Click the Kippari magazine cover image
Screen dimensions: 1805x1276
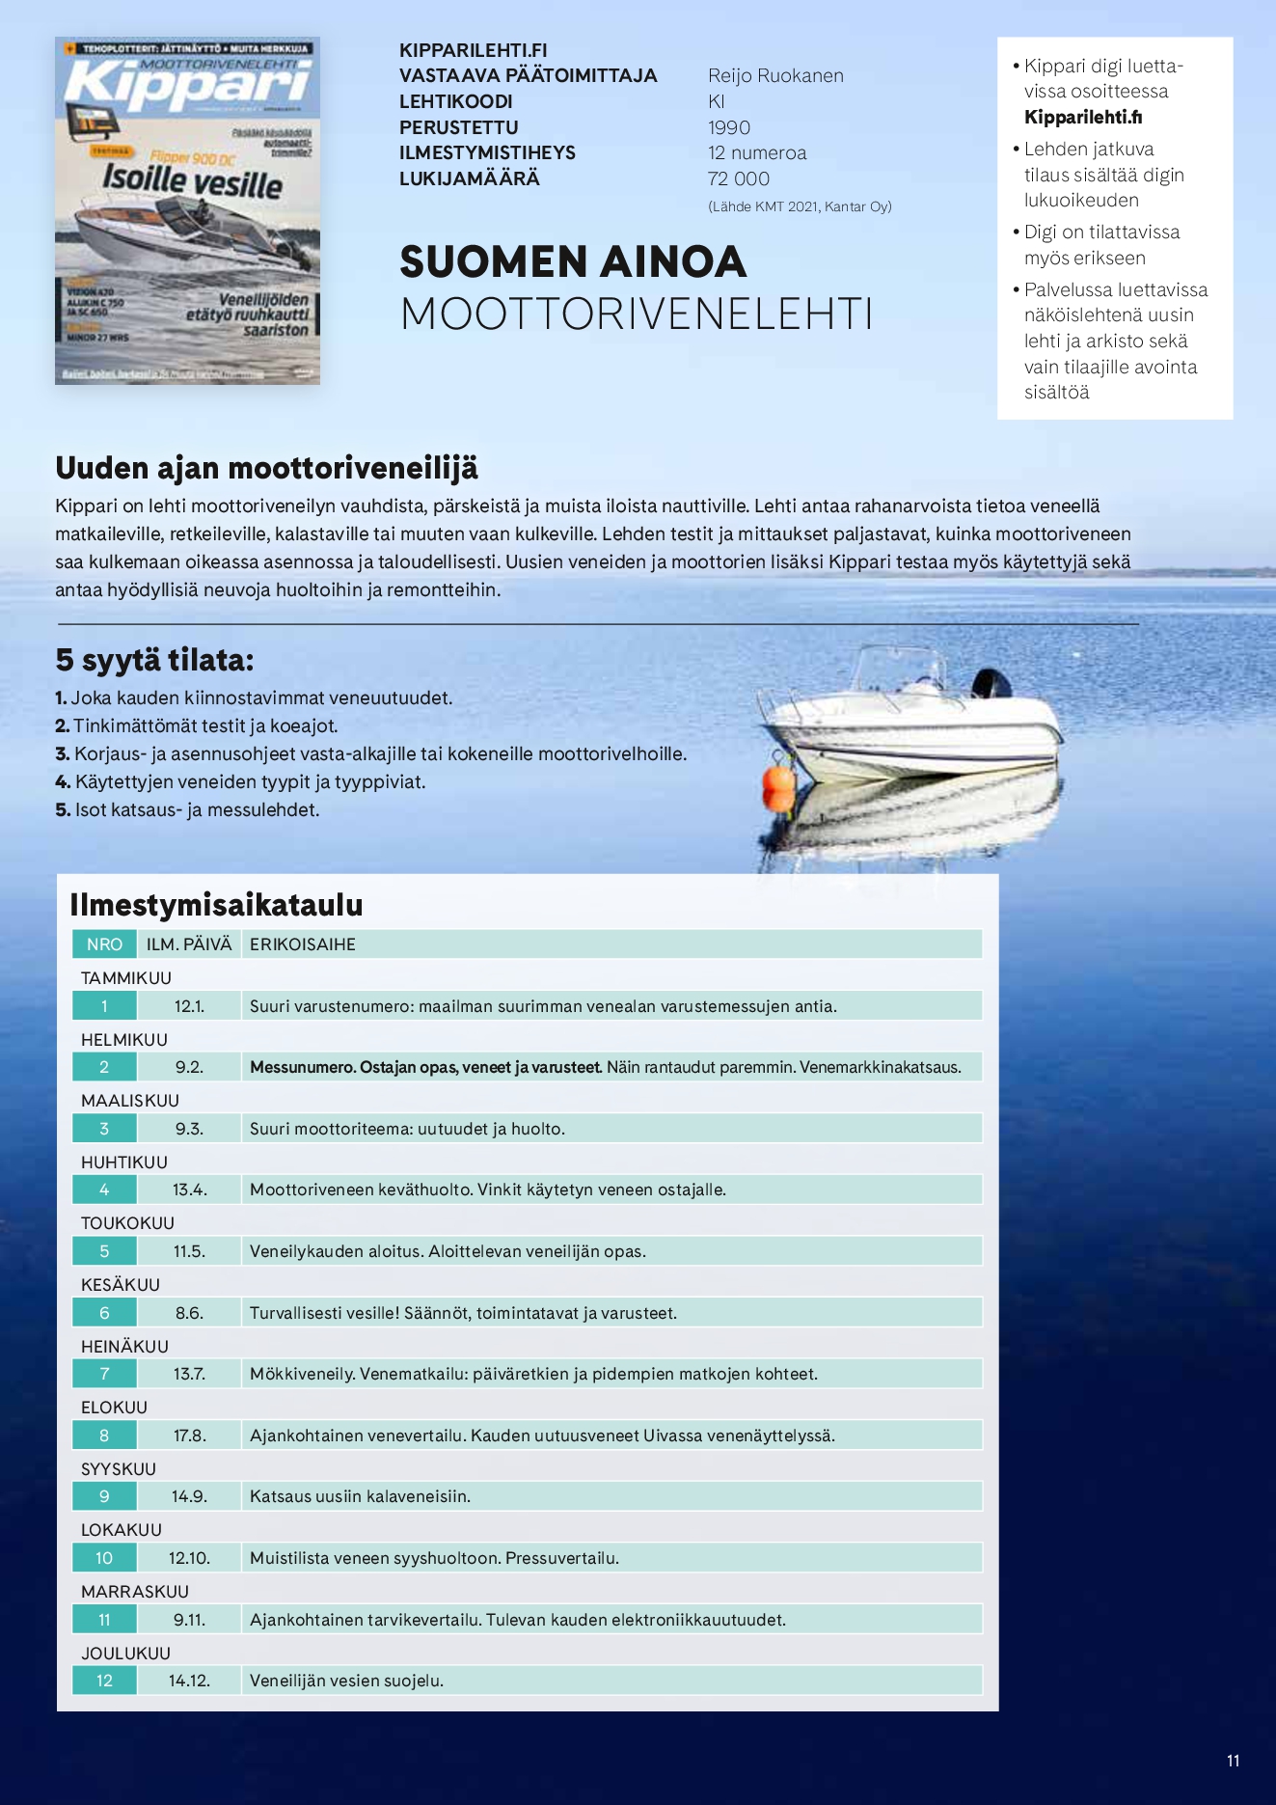click(x=187, y=211)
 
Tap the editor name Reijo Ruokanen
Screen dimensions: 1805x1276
click(x=775, y=76)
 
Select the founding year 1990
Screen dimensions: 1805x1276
click(x=728, y=127)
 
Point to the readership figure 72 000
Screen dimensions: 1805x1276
click(x=738, y=178)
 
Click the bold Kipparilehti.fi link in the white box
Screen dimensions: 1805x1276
click(x=1083, y=118)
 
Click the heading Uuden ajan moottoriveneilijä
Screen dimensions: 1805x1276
click(x=266, y=468)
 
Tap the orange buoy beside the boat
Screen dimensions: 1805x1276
click(x=777, y=785)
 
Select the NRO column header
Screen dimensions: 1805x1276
click(x=104, y=944)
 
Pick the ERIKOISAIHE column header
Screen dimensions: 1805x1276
click(x=303, y=944)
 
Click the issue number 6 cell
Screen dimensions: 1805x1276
click(x=104, y=1313)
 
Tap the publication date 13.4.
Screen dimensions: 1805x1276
click(x=189, y=1190)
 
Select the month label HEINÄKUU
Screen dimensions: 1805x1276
click(x=124, y=1346)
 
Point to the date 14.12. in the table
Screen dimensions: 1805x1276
click(x=189, y=1681)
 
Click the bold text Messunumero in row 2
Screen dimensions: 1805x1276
click(x=302, y=1067)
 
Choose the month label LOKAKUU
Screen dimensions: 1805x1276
click(x=122, y=1530)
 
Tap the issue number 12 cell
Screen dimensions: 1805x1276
click(x=104, y=1681)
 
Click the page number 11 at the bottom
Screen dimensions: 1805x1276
click(x=1233, y=1761)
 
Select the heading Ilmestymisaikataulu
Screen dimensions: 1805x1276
click(x=216, y=905)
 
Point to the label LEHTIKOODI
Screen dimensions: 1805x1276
click(x=455, y=101)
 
